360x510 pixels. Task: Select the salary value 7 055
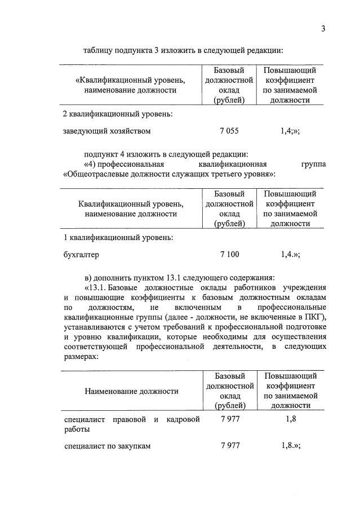coord(229,131)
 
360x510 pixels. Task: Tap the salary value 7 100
coord(229,255)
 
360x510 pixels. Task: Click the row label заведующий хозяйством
coord(107,131)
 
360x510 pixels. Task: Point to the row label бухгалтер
coord(81,255)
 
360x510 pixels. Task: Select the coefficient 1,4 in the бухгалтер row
coord(288,255)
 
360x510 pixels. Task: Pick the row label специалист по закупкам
coord(106,446)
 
